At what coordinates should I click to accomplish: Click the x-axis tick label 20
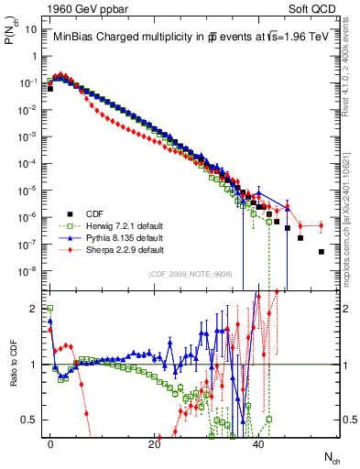155,442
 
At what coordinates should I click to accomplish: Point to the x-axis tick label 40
259,442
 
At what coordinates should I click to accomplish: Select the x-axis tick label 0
50,442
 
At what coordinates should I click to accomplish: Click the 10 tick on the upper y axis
30,29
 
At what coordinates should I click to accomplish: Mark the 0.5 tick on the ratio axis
28,420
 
